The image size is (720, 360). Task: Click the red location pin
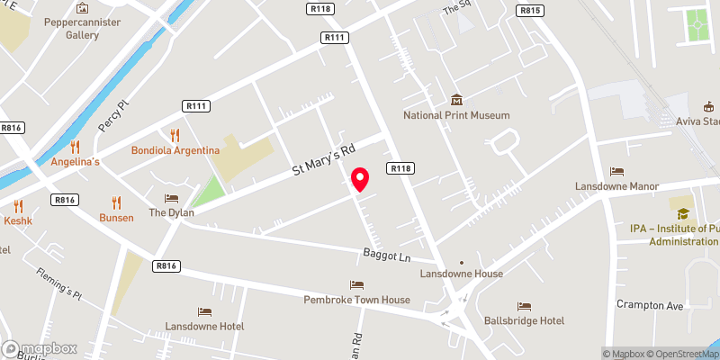(360, 180)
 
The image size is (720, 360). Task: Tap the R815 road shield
(530, 10)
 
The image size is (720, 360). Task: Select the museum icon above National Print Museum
(456, 100)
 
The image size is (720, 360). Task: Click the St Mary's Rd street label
(325, 158)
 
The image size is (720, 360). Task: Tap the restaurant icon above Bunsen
(116, 202)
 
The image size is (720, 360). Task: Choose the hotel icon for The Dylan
(171, 198)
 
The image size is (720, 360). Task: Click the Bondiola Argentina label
(175, 150)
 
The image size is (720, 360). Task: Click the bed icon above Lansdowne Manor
(616, 171)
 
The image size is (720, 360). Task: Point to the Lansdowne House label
(462, 273)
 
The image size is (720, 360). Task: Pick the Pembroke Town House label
(357, 300)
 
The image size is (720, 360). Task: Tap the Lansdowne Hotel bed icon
(204, 311)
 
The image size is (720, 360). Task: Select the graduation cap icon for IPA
(683, 213)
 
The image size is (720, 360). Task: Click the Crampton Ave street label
(651, 304)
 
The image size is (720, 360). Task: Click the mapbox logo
(39, 348)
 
